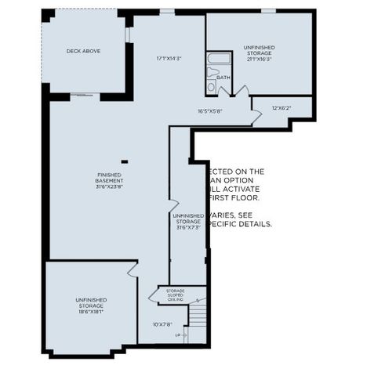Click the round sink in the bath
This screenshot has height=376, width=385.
[x=211, y=88]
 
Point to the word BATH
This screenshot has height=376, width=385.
[x=223, y=77]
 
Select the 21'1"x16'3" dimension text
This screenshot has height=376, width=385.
[x=259, y=59]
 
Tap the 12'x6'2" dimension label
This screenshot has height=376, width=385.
[x=281, y=107]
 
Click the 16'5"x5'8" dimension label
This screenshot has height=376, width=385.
[x=209, y=111]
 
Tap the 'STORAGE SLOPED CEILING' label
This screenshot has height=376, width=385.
[x=175, y=295]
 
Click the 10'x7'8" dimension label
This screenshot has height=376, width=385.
[x=162, y=324]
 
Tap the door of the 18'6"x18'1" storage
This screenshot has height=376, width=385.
[x=130, y=271]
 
